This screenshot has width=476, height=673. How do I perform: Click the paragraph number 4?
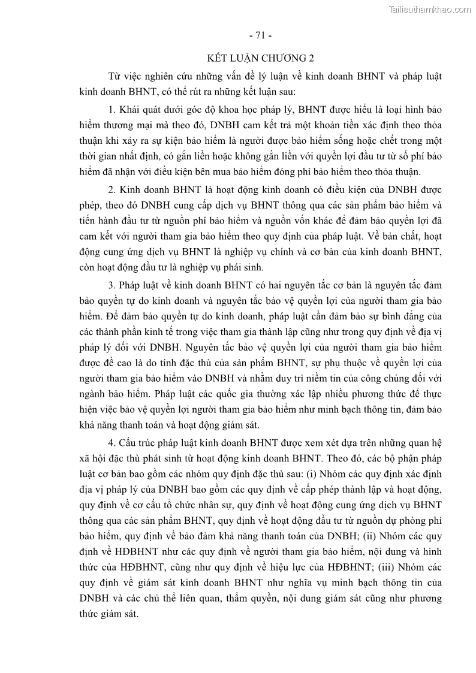coord(112,442)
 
